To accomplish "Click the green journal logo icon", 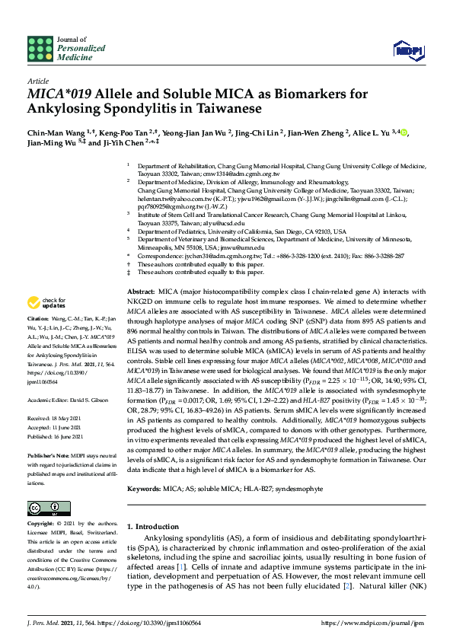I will [39, 49].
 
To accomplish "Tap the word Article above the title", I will [37, 80].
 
